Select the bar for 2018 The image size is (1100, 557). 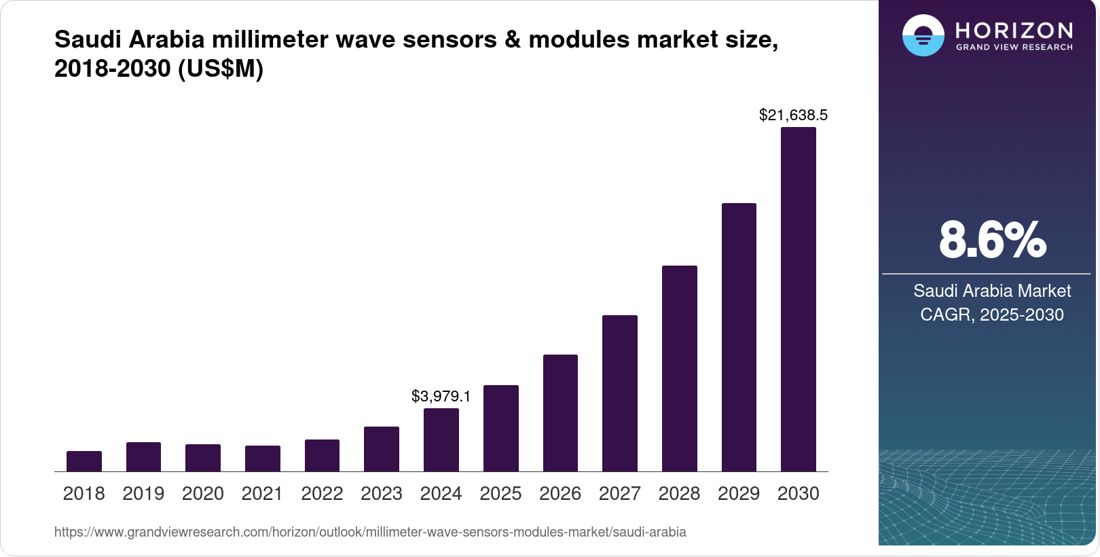pyautogui.click(x=84, y=461)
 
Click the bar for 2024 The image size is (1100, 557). pyautogui.click(x=441, y=440)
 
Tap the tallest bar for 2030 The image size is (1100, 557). pyautogui.click(x=799, y=299)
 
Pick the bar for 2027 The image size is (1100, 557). pyautogui.click(x=619, y=393)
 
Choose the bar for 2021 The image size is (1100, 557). pyautogui.click(x=263, y=459)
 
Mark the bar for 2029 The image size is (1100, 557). pyautogui.click(x=739, y=337)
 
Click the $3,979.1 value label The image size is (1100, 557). pyautogui.click(x=441, y=396)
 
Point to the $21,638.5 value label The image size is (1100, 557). pyautogui.click(x=793, y=115)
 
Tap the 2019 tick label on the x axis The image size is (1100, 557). pyautogui.click(x=143, y=494)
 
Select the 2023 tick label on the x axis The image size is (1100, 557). pyautogui.click(x=382, y=494)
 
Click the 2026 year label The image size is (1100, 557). pyautogui.click(x=560, y=494)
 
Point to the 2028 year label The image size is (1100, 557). pyautogui.click(x=679, y=494)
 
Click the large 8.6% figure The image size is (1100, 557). pyautogui.click(x=992, y=240)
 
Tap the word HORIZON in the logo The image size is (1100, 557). pyautogui.click(x=1014, y=31)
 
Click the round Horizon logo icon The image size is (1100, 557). pyautogui.click(x=923, y=36)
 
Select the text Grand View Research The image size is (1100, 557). pyautogui.click(x=1014, y=48)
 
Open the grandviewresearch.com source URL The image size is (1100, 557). pyautogui.click(x=370, y=532)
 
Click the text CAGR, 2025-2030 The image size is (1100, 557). pyautogui.click(x=991, y=315)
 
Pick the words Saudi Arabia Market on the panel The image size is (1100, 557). pyautogui.click(x=991, y=291)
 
